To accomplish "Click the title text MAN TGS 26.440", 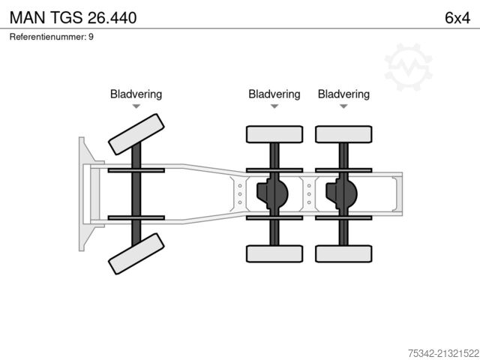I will pyautogui.click(x=73, y=16).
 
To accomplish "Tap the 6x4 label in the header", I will pyautogui.click(x=457, y=16).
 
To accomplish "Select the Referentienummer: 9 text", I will pyautogui.click(x=52, y=37).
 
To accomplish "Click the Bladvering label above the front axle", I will pyautogui.click(x=136, y=94).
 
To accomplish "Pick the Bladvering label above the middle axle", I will pyautogui.click(x=274, y=94).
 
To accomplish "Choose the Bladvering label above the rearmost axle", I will pyautogui.click(x=343, y=94).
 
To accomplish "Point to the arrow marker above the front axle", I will pyautogui.click(x=136, y=106).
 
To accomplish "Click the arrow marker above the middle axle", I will pyautogui.click(x=274, y=106).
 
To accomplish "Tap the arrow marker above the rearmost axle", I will pyautogui.click(x=343, y=106).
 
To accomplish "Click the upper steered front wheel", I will pyautogui.click(x=136, y=135).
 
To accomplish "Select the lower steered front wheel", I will pyautogui.click(x=136, y=253).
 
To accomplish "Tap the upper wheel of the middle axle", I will pyautogui.click(x=274, y=134).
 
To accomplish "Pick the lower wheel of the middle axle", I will pyautogui.click(x=274, y=253).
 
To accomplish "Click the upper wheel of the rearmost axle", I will pyautogui.click(x=344, y=134).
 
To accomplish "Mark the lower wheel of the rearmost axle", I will pyautogui.click(x=344, y=253).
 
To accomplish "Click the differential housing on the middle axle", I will pyautogui.click(x=271, y=194).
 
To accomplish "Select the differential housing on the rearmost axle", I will pyautogui.click(x=341, y=194).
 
